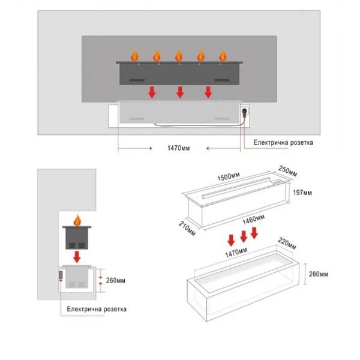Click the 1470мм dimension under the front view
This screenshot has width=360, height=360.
click(179, 148)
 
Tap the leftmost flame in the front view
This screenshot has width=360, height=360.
click(135, 56)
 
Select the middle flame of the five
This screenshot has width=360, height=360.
click(179, 56)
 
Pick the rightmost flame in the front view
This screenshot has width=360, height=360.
click(223, 56)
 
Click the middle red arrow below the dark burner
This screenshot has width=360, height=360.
click(180, 92)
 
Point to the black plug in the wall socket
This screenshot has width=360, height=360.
click(244, 112)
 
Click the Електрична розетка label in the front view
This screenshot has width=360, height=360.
click(283, 143)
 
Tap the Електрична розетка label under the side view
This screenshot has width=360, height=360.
click(97, 309)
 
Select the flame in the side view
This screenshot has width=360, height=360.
click(77, 220)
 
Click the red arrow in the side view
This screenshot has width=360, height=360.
click(77, 257)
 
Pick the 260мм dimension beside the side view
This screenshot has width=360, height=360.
click(116, 281)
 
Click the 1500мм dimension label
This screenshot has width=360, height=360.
click(229, 176)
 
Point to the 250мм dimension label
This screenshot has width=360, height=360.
click(287, 171)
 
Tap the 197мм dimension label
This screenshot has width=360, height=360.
click(302, 193)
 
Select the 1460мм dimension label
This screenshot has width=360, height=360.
click(254, 219)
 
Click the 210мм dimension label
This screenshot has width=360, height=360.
click(187, 229)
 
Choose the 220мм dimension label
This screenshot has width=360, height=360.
click(287, 244)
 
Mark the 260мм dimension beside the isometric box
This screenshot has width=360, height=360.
click(319, 274)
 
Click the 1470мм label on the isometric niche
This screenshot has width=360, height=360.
click(236, 253)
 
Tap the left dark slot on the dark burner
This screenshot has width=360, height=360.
click(137, 80)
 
